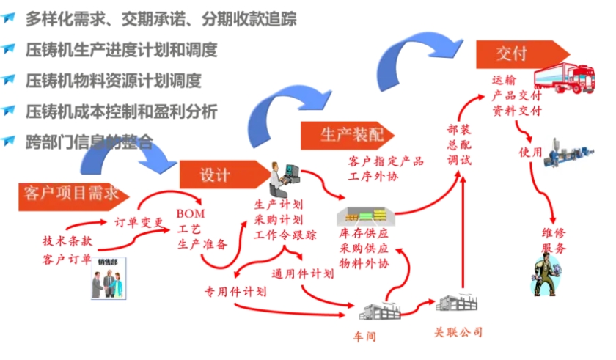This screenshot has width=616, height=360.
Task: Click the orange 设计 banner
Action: [x=216, y=175]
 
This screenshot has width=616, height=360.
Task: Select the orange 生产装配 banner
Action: [x=342, y=135]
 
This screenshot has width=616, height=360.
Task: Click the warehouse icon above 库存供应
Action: [x=365, y=216]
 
